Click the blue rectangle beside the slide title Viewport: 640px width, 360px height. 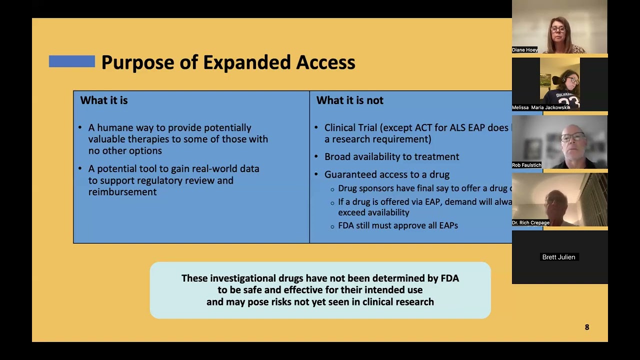pos(71,61)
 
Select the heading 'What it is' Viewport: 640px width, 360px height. pos(104,100)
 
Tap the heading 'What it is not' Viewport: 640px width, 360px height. pos(349,100)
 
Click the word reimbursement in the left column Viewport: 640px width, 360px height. pos(122,192)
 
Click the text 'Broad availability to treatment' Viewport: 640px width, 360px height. pos(391,157)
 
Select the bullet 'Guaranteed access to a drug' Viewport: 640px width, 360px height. pos(386,174)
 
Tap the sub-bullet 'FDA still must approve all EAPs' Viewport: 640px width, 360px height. pos(397,225)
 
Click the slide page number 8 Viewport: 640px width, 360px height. pos(587,327)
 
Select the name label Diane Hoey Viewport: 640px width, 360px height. pos(524,50)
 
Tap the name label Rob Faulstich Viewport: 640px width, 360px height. pos(526,165)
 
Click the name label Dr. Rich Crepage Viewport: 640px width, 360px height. pos(530,222)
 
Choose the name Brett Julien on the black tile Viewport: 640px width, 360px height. pos(558,257)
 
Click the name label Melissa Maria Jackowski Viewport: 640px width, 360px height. pos(540,107)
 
